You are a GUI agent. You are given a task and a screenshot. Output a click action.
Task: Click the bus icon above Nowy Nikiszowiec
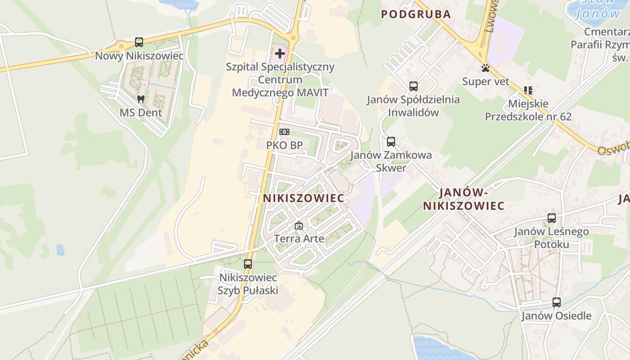click(x=139, y=42)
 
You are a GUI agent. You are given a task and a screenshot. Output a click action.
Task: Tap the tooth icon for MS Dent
click(x=141, y=99)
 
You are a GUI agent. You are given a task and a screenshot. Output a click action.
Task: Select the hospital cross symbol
click(x=280, y=54)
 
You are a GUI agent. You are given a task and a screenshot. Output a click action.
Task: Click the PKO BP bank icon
click(x=284, y=132)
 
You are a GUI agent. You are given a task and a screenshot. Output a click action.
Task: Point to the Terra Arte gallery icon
click(x=299, y=225)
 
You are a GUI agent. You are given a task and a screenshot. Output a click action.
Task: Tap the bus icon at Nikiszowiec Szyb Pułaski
click(x=248, y=264)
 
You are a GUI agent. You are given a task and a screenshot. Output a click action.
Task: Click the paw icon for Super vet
click(x=486, y=68)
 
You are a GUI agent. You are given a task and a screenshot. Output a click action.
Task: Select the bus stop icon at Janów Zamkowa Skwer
click(x=391, y=142)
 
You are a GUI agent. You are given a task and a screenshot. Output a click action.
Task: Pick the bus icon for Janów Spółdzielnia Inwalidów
click(x=414, y=86)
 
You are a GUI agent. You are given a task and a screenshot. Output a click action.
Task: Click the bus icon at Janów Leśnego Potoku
click(x=552, y=218)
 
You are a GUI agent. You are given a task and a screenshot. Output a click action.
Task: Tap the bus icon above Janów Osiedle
click(x=557, y=302)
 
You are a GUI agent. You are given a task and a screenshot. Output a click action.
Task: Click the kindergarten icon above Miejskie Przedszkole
click(x=528, y=90)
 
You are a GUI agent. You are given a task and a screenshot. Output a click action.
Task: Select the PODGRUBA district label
click(x=416, y=14)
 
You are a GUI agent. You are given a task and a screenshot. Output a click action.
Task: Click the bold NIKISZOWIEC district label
click(x=304, y=198)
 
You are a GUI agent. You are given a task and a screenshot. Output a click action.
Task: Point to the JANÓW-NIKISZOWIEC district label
click(x=463, y=199)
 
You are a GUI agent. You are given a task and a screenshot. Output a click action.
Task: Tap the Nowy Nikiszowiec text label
click(x=139, y=56)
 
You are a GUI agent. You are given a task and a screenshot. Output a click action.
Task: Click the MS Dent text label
click(x=141, y=112)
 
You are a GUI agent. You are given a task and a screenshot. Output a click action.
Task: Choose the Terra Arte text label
click(x=299, y=238)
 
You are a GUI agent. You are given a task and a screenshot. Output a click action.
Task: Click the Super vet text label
click(x=486, y=81)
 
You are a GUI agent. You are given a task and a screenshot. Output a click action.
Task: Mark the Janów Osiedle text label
click(x=556, y=315)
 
